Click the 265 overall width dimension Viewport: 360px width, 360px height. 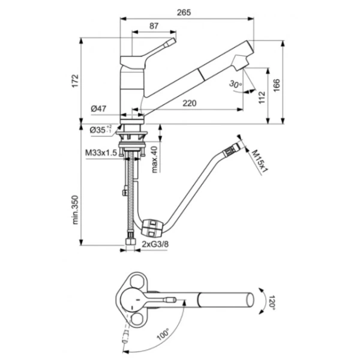[x=184, y=13]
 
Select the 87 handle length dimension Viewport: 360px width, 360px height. [x=154, y=26]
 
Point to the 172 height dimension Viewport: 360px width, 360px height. [x=76, y=81]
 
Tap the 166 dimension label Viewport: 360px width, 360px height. [x=277, y=85]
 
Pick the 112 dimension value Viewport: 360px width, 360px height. [x=262, y=98]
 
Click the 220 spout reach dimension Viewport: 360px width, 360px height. [x=190, y=103]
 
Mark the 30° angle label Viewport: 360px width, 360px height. [x=235, y=84]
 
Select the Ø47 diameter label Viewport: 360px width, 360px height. [x=98, y=109]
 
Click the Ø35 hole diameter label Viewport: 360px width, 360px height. [x=101, y=130]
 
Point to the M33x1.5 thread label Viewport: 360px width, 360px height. [x=101, y=152]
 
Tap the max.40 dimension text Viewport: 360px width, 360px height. [x=155, y=160]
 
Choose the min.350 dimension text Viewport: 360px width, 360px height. [x=75, y=210]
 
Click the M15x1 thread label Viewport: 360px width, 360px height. [x=260, y=161]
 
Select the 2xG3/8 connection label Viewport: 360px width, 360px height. [x=155, y=244]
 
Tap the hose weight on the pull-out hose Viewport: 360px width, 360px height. [x=152, y=228]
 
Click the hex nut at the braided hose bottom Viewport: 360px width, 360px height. [x=131, y=242]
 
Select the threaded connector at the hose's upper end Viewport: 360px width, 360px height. [x=230, y=151]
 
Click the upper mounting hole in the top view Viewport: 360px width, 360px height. [x=136, y=280]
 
